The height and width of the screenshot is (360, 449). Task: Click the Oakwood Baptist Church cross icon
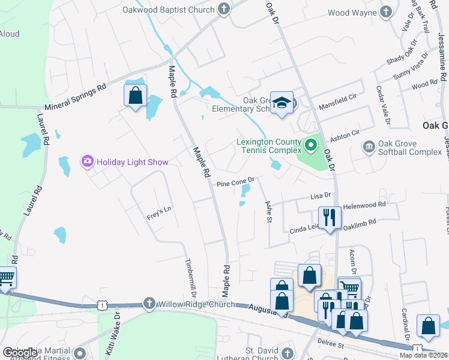pyautogui.click(x=224, y=9)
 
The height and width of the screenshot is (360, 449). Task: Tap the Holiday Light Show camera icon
pyautogui.click(x=88, y=161)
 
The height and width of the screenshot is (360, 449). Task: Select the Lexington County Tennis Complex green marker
pyautogui.click(x=311, y=145)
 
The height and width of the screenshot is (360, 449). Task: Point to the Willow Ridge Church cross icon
pyautogui.click(x=149, y=304)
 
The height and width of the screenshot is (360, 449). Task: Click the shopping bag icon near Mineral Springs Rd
pyautogui.click(x=136, y=95)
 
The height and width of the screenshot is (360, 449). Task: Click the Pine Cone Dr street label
pyautogui.click(x=237, y=179)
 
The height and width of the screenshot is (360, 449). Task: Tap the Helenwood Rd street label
pyautogui.click(x=365, y=206)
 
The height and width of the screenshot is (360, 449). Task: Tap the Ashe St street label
pyautogui.click(x=268, y=211)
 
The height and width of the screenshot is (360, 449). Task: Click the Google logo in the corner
pyautogui.click(x=19, y=353)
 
